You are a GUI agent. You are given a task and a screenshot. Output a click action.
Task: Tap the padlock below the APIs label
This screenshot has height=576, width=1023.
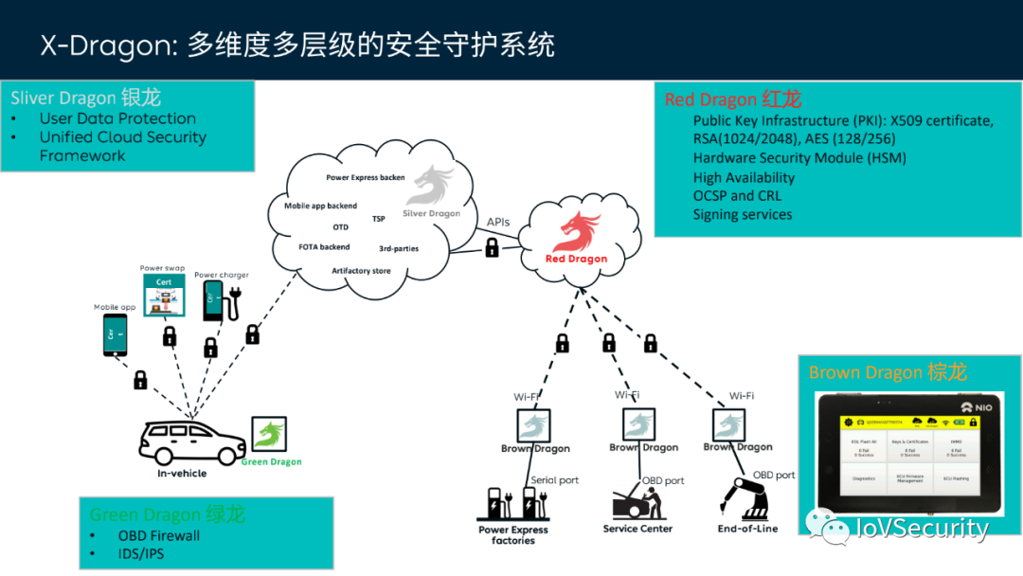tap(493, 247)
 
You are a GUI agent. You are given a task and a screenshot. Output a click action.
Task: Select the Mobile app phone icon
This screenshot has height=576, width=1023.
tap(115, 334)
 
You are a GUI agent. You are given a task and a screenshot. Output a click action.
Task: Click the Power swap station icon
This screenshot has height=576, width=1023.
tap(164, 296)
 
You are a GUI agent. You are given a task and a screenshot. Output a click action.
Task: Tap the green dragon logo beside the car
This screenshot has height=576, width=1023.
tap(268, 435)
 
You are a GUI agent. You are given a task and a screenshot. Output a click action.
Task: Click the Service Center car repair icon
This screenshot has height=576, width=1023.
tap(637, 500)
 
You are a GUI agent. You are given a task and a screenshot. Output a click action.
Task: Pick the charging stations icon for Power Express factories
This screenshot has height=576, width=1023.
tap(512, 503)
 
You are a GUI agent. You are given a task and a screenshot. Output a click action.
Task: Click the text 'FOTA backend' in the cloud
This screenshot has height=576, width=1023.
tap(324, 247)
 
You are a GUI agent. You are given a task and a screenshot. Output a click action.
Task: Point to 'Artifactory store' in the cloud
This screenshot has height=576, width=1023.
tap(361, 271)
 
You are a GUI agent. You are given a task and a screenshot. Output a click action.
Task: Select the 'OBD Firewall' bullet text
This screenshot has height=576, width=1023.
tap(159, 535)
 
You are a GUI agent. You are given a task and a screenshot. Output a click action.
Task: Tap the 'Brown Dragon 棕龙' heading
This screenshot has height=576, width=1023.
tap(888, 372)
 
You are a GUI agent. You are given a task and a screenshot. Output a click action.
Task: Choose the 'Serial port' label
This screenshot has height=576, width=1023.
tap(554, 480)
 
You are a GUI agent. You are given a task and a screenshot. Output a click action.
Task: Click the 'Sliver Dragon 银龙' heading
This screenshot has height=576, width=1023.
tap(86, 98)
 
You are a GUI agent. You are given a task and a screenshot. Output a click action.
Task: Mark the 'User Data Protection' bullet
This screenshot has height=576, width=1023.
tap(117, 118)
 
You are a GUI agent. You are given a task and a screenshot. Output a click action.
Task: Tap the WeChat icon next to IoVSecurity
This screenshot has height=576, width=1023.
tap(821, 527)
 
